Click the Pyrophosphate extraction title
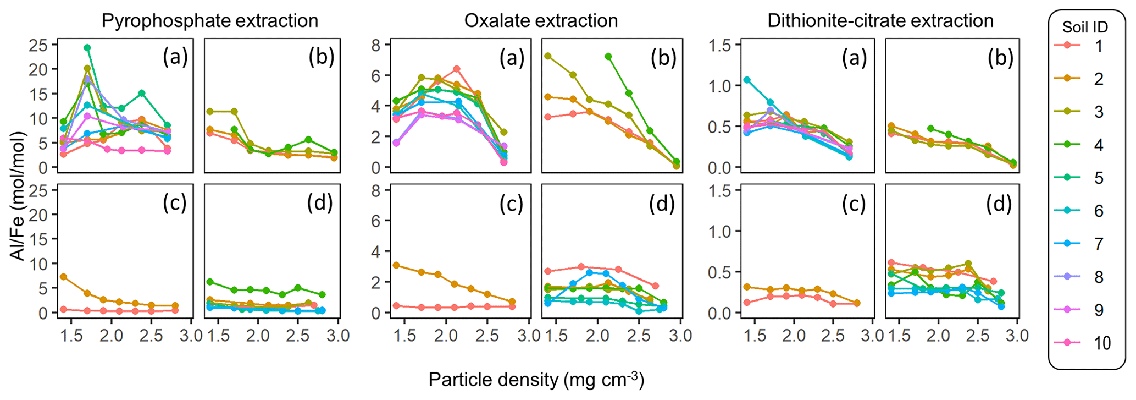point(210,21)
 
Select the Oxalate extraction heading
point(541,21)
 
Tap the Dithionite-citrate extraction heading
point(880,21)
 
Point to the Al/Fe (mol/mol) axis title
point(19,195)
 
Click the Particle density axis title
point(536,380)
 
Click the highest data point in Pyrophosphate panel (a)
point(87,48)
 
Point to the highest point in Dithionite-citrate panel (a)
point(746,80)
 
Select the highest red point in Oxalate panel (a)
point(456,69)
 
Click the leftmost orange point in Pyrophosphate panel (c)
point(64,277)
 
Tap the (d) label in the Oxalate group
point(662,204)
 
